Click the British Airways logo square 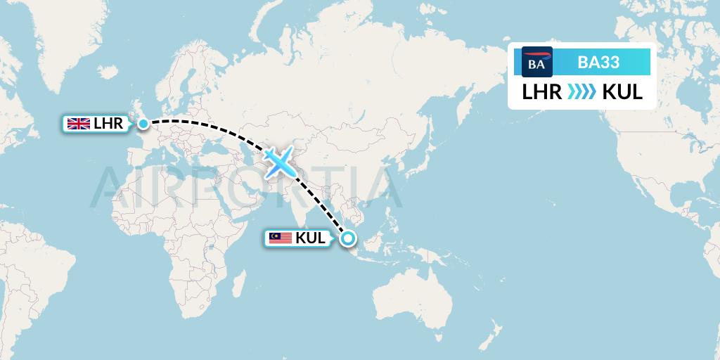[x=537, y=62]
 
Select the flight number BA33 [x=598, y=62]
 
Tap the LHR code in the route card [x=541, y=92]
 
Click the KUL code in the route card [x=622, y=92]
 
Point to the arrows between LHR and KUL [x=581, y=92]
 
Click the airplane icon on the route [x=280, y=163]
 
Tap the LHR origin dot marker [x=143, y=124]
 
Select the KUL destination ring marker [x=347, y=238]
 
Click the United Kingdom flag [x=77, y=124]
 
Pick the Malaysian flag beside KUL [x=280, y=238]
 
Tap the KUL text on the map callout [x=310, y=238]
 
